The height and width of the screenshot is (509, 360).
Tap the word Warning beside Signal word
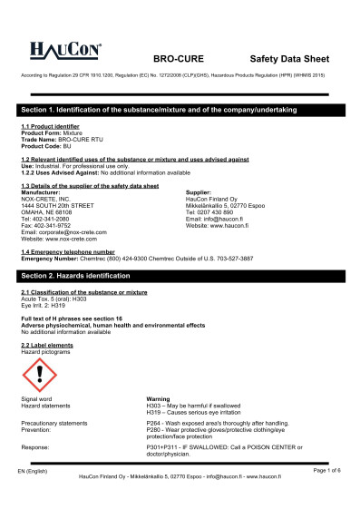click(158, 398)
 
